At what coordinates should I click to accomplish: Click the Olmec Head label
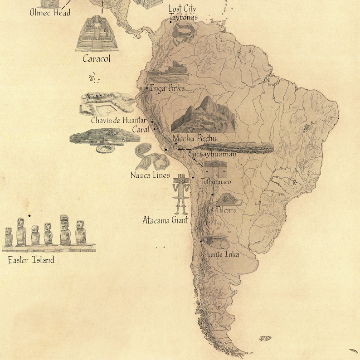pos(50,13)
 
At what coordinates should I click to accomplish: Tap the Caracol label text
pos(96,58)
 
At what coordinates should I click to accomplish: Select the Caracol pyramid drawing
pos(97,35)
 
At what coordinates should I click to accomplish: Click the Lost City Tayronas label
pos(183,13)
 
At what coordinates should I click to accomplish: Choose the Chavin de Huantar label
pos(118,121)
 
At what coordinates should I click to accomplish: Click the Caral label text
pos(141,130)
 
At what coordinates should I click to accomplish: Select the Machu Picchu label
pos(195,139)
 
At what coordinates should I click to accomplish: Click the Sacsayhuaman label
pos(212,154)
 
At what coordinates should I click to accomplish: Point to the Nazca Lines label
pos(150,175)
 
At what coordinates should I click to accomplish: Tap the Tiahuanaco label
pos(216,182)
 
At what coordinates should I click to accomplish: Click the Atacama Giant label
pos(165,221)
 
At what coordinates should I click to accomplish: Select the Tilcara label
pos(226,210)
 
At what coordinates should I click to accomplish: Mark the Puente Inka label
pos(222,254)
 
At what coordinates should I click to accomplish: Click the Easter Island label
pos(31,260)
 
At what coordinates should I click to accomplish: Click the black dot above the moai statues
pos(29,216)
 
